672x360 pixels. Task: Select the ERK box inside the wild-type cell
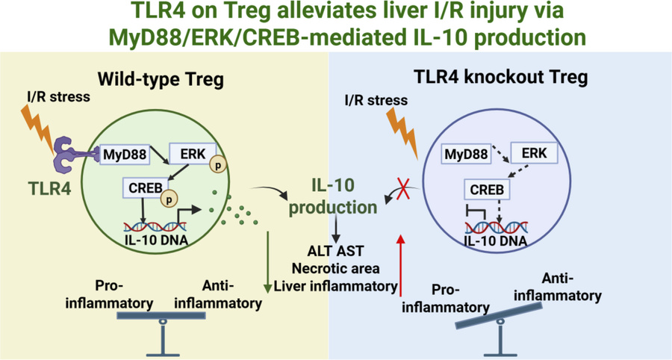pyautogui.click(x=187, y=152)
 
